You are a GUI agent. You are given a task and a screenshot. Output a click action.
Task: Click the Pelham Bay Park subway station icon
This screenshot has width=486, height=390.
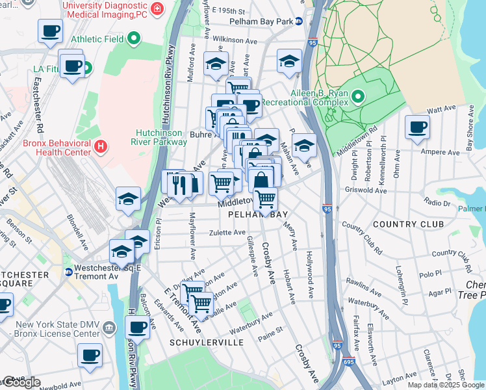(x=298, y=21)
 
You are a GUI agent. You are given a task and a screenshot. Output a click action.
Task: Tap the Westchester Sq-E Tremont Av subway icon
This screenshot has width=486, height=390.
(x=68, y=272)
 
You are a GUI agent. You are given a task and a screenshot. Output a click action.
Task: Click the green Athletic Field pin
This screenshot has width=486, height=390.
(x=134, y=39)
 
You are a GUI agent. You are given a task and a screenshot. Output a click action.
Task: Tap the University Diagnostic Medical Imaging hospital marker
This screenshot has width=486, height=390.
(x=157, y=8)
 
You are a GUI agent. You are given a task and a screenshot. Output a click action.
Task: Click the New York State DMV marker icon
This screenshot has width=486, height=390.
(x=110, y=325)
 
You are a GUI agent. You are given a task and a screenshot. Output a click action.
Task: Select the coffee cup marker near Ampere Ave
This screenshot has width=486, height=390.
(x=416, y=126)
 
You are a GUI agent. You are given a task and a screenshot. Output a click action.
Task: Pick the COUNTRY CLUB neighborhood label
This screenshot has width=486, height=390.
(x=409, y=224)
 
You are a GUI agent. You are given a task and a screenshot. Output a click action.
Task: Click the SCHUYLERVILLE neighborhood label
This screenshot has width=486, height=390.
(x=207, y=342)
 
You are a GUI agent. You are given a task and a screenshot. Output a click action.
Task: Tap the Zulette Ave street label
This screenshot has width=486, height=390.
(x=227, y=232)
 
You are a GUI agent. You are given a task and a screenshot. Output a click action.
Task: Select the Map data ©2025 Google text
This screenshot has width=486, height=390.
(x=446, y=385)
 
